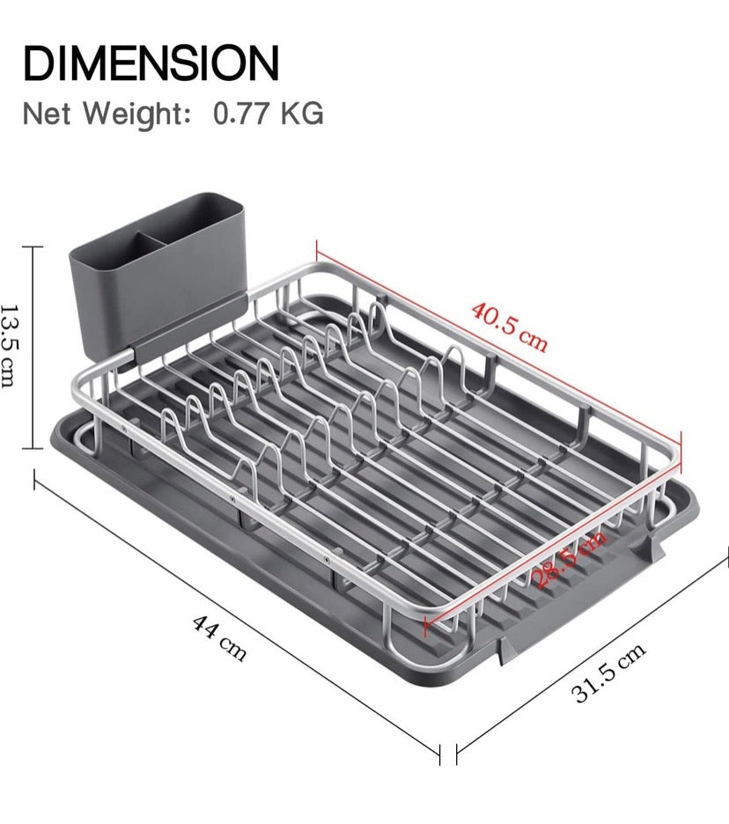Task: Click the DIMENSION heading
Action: [x=151, y=63]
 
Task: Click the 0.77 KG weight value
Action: [x=269, y=114]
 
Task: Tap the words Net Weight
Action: [x=107, y=114]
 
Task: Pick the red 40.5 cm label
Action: [x=509, y=327]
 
